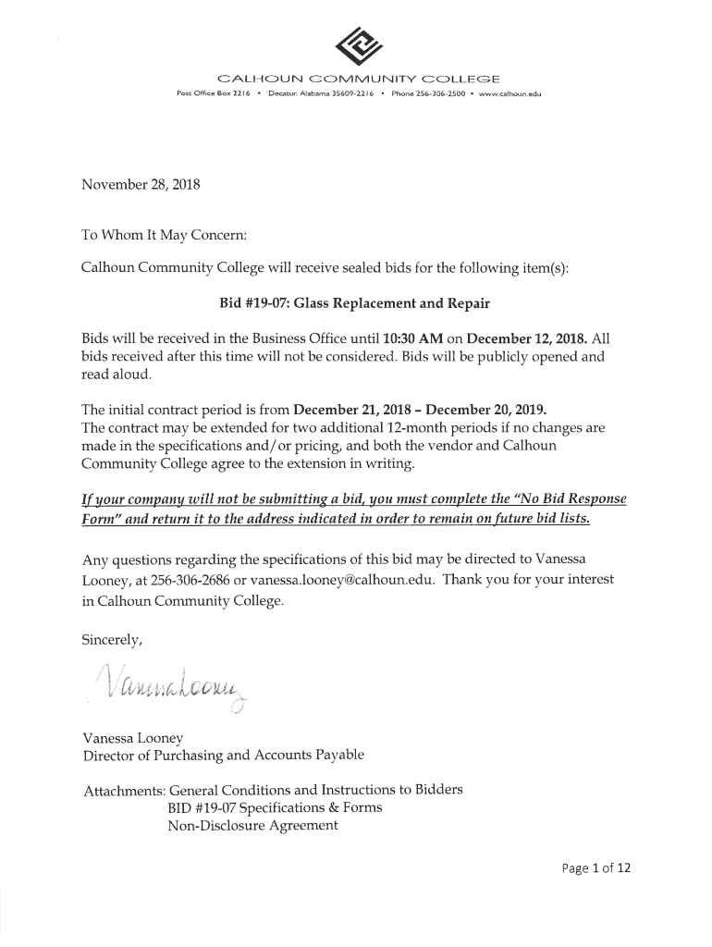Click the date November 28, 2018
tap(141, 184)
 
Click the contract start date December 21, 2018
tap(352, 408)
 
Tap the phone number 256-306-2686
tap(190, 579)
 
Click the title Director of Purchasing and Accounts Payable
tap(224, 755)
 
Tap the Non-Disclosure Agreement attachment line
tap(252, 825)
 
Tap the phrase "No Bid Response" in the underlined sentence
tap(565, 499)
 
